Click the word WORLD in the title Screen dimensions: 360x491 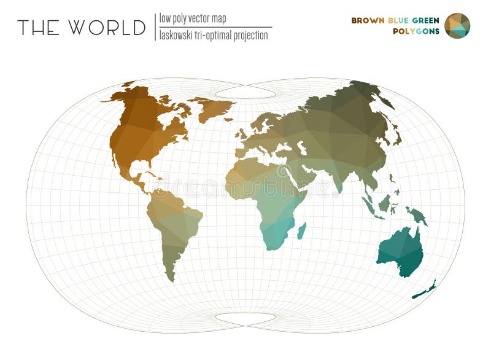coord(107,28)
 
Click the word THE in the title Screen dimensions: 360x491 coord(38,28)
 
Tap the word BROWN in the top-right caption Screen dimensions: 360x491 coord(368,20)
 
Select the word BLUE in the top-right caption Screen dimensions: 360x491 coord(400,20)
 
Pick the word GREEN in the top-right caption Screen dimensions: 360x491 coord(427,20)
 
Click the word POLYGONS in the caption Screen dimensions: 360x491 coord(416,31)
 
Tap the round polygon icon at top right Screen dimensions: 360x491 coord(457,26)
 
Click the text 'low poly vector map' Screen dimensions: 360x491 coord(192,18)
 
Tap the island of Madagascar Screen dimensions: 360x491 coord(301,231)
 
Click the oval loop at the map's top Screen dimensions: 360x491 coord(245,92)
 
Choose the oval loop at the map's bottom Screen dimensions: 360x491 coord(245,319)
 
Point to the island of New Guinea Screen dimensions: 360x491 coord(417,214)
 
